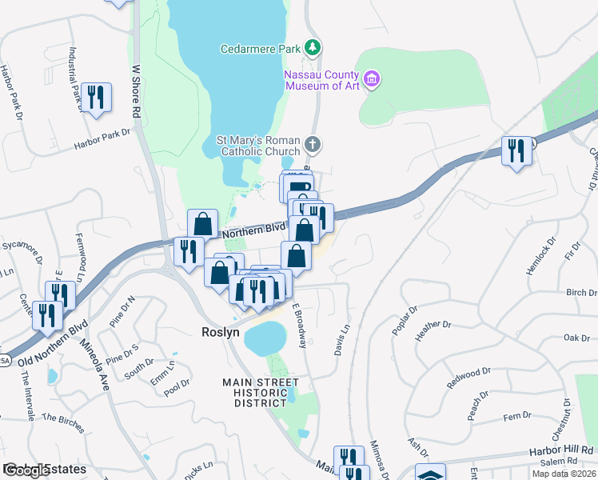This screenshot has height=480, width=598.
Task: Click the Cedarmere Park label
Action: (x=260, y=49)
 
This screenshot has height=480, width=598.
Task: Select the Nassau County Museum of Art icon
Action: (x=371, y=78)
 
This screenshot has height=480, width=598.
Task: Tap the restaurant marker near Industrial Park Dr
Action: (x=96, y=98)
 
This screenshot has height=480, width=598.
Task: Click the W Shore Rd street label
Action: (x=136, y=92)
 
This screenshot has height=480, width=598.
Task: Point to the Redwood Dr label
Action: (x=468, y=378)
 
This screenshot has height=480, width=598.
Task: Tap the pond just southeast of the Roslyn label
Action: (x=265, y=339)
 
